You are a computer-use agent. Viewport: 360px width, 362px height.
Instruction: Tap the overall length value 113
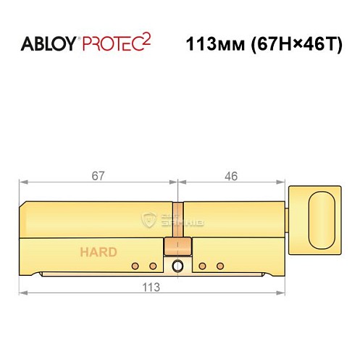[151, 286]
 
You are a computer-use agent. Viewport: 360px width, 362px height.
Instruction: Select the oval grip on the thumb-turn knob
[319, 215]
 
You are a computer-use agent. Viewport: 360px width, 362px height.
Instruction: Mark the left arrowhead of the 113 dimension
[22, 293]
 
